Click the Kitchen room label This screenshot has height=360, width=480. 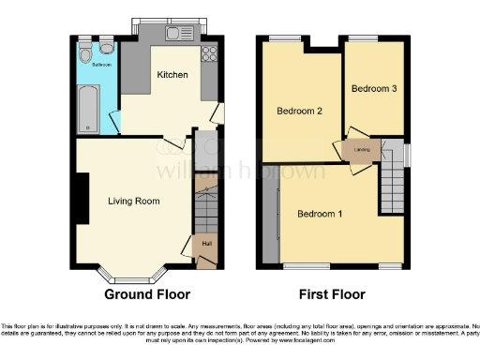click(172, 75)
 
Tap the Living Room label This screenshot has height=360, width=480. click(133, 201)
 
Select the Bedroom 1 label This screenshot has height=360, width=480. click(320, 214)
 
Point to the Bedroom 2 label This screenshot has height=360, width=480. click(300, 112)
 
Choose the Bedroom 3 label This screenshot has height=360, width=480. click(374, 89)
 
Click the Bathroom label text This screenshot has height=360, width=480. click(101, 66)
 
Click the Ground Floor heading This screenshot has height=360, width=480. click(147, 294)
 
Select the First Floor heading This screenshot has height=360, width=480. click(332, 294)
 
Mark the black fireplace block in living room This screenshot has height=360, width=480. click(82, 200)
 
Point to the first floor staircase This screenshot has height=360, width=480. click(390, 188)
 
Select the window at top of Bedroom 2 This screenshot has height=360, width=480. click(282, 38)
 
